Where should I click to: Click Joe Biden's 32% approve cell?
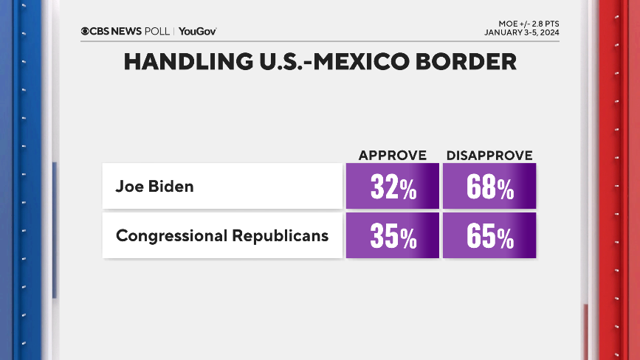393,187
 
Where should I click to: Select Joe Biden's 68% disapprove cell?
489,187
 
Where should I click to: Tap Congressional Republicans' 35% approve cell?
393,236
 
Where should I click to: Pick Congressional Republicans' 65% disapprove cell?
489,236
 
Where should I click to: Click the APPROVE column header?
393,155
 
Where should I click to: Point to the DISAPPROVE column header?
489,155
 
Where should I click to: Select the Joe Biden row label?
154,186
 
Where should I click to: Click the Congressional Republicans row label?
222,236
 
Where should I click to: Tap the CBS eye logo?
85,31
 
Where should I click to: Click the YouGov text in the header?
197,31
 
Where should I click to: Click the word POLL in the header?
157,31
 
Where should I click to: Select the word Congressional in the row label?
172,236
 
